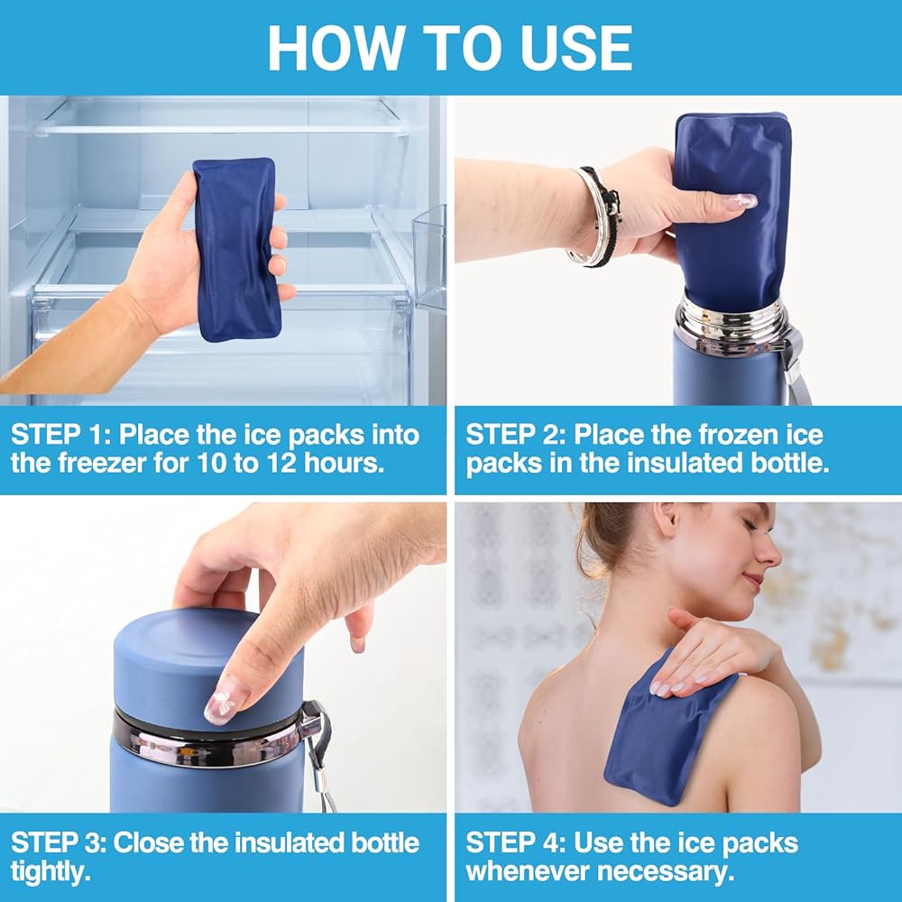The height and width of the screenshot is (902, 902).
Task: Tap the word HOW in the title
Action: [x=336, y=49]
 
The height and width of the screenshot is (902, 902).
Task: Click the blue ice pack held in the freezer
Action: [x=236, y=249]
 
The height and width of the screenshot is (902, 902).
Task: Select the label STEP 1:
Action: [x=60, y=435]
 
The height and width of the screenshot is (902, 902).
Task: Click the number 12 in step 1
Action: [x=281, y=463]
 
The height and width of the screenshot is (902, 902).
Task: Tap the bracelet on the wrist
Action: [x=597, y=217]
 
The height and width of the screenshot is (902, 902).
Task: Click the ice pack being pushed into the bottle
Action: [x=732, y=212]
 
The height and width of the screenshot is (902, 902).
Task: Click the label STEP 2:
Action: [x=516, y=435]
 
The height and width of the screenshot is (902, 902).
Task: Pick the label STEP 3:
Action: [x=59, y=843]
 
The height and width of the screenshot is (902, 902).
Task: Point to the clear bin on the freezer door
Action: [x=429, y=258]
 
